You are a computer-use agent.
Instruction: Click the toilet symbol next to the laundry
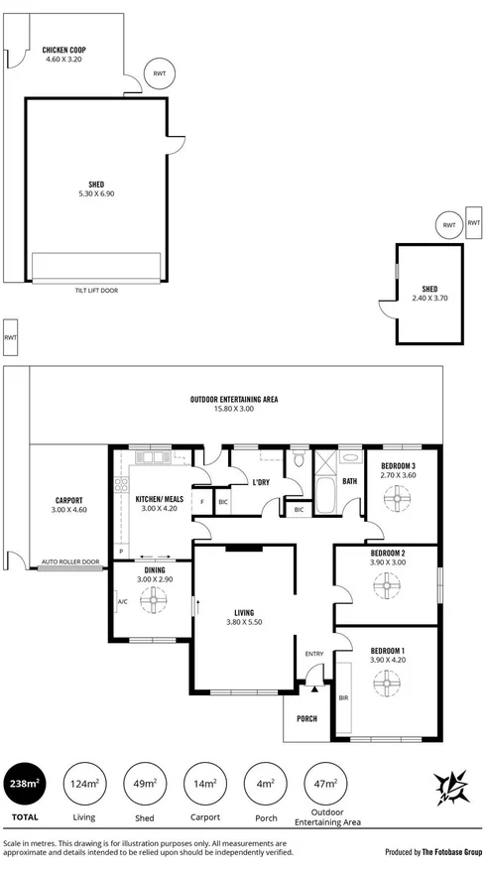point(298,459)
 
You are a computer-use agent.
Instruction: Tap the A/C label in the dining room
point(122,601)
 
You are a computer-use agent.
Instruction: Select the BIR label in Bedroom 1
point(344,697)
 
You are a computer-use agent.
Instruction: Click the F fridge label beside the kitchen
point(202,502)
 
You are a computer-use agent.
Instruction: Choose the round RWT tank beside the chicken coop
point(159,72)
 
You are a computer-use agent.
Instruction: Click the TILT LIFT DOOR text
point(96,291)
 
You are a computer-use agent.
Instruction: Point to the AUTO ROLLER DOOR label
point(70,562)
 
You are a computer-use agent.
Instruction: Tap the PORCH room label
point(306,719)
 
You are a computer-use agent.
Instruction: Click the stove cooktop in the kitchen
point(122,485)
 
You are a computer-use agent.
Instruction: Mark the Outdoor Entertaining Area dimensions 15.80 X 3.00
point(234,409)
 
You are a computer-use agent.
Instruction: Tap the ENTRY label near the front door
point(314,654)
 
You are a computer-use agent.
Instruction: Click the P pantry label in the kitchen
point(121,551)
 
